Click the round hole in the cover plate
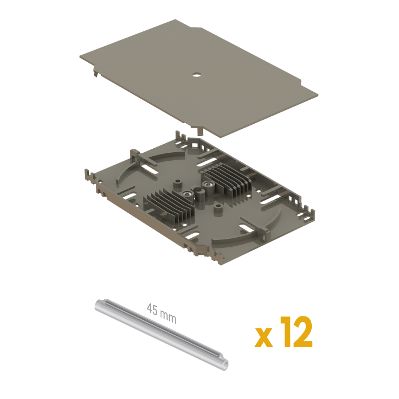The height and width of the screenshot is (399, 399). coord(197,75)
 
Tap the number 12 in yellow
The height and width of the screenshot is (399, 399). coord(296,332)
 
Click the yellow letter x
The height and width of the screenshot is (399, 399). coord(263,337)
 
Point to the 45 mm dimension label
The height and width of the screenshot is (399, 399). coord(161,313)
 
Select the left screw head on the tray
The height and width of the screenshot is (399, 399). coord(187,194)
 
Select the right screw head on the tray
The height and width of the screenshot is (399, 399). coord(209,184)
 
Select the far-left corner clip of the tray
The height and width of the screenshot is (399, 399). coord(89,176)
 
